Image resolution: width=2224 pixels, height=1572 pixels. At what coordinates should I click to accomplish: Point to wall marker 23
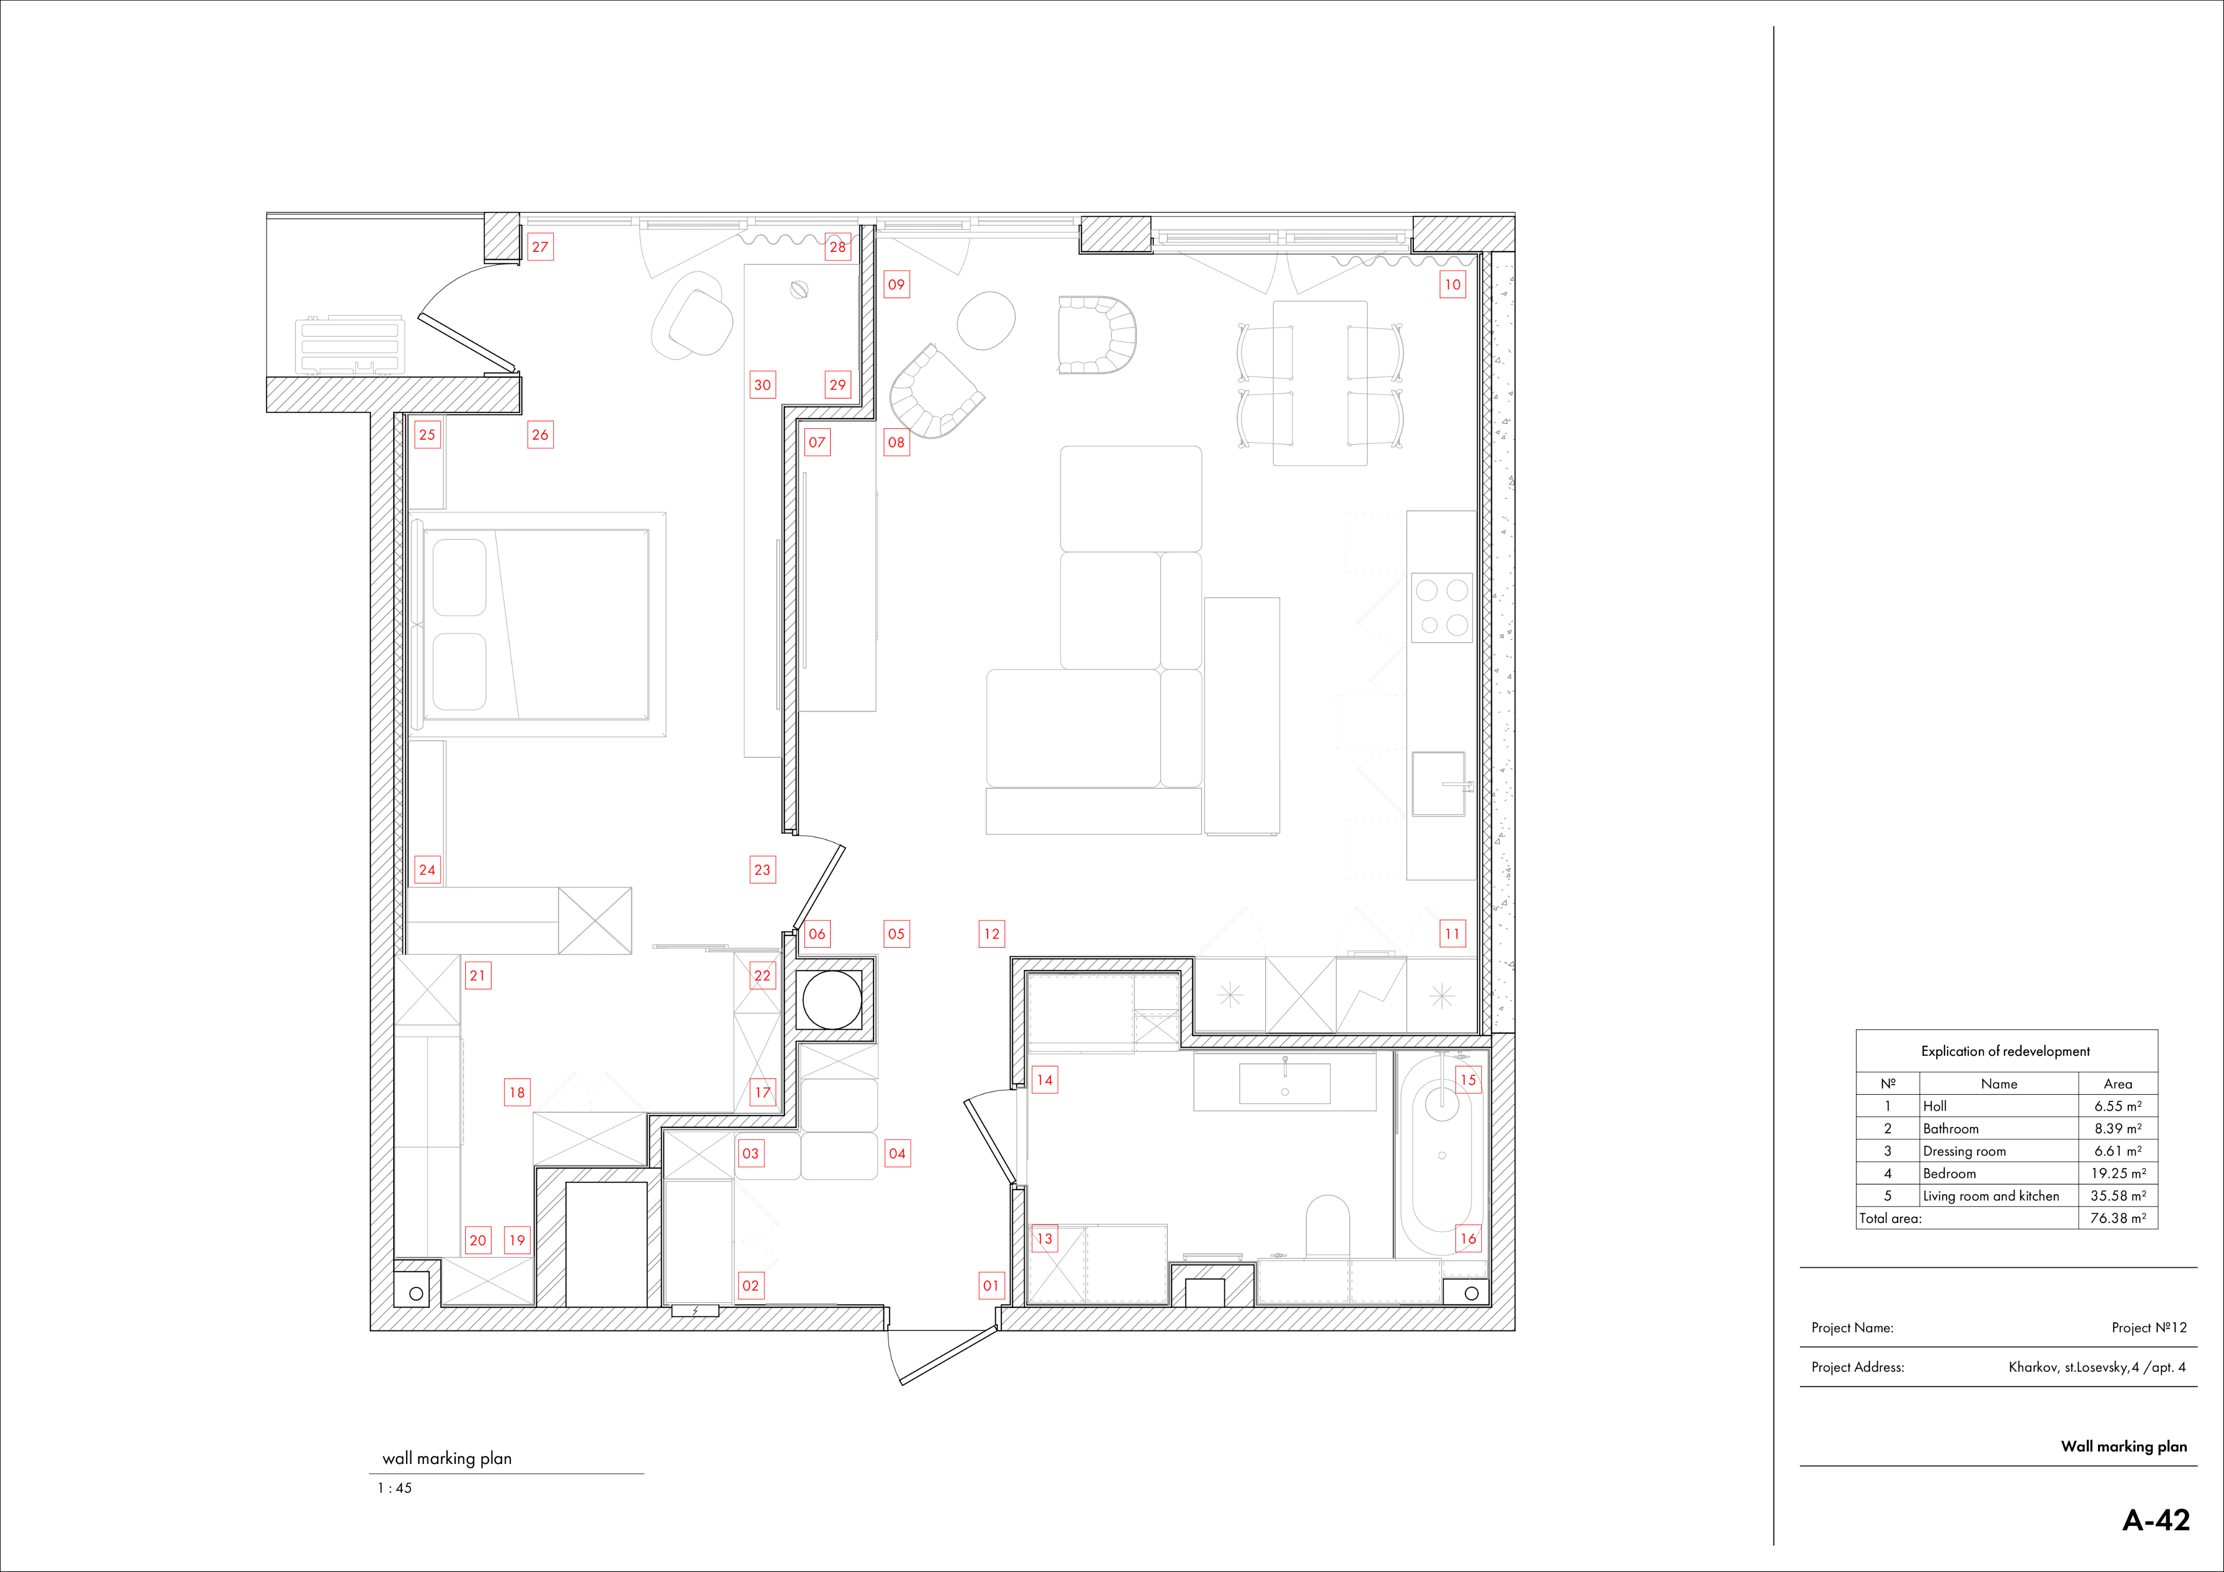coord(762,870)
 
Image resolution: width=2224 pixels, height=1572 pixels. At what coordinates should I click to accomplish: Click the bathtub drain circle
coord(1442,1156)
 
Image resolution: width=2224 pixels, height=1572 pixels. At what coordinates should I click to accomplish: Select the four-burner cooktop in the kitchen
coord(1442,607)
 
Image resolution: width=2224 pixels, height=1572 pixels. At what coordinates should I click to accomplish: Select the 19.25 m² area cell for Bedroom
coord(2118,1173)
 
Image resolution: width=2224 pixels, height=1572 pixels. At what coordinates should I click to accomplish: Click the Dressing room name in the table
coord(1964,1151)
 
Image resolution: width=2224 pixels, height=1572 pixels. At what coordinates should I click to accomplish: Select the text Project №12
coord(2150,1328)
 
